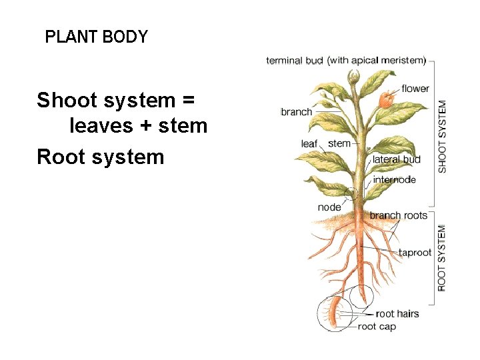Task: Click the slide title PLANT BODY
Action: coord(96,37)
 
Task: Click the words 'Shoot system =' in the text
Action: coord(116,101)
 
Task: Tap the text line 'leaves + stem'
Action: coord(138,125)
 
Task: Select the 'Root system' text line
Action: coord(100,157)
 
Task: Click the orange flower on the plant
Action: coord(385,100)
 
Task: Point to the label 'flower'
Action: coord(415,89)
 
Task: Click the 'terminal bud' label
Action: coord(295,61)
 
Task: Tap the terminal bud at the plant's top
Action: coord(354,77)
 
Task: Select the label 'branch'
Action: coord(296,112)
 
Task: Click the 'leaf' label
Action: coord(309,144)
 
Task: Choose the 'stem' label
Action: coord(339,143)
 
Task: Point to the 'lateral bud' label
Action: coord(396,159)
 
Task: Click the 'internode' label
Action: coord(394,179)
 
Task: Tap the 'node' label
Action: coord(329,207)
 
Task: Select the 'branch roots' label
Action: coord(399,215)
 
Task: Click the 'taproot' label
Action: coord(415,253)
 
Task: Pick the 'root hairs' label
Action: coord(397,313)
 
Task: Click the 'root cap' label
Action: coord(377,327)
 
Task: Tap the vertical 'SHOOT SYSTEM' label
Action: coord(443,137)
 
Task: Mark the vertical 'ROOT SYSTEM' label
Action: coord(442,257)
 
